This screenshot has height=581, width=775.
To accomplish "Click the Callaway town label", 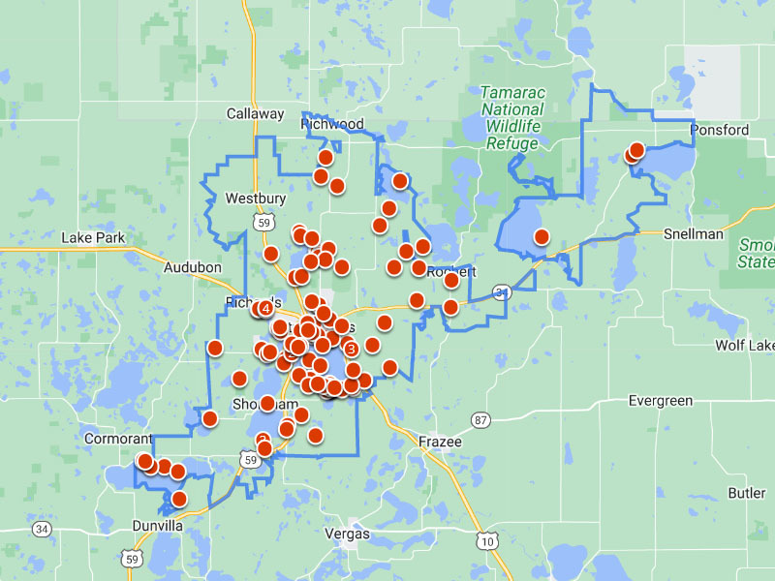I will (x=256, y=113).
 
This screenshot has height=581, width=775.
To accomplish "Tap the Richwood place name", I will (x=332, y=124).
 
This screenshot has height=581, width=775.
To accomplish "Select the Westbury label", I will (x=256, y=199).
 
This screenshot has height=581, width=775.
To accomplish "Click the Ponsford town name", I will (x=719, y=130).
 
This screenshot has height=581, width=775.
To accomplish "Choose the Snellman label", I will (x=694, y=233).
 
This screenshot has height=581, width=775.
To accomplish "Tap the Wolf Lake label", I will (x=745, y=345).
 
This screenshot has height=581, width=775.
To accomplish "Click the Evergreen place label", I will (x=661, y=400).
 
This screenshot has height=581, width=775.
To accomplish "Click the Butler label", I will (x=747, y=493).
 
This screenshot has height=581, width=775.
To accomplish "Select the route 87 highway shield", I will (x=480, y=419).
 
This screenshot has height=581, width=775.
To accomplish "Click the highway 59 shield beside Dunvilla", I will (x=132, y=558).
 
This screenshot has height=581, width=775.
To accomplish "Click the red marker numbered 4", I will (x=265, y=308).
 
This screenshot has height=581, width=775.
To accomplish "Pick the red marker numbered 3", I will (x=351, y=348).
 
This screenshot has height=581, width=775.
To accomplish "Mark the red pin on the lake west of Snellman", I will (x=542, y=235).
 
